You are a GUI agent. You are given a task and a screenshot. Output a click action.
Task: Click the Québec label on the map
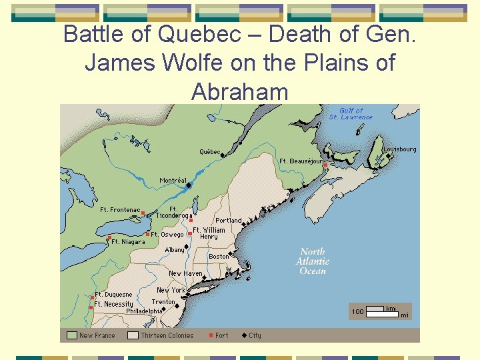tap(210, 152)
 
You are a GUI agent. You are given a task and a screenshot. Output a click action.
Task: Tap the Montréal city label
tap(173, 181)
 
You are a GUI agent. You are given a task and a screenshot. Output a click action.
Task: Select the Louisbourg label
tap(399, 149)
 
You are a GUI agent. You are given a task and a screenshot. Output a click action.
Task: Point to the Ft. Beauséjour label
tap(301, 161)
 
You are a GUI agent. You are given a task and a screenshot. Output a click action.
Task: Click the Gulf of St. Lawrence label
tap(351, 114)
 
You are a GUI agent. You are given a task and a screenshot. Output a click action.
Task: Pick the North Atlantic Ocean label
tap(313, 261)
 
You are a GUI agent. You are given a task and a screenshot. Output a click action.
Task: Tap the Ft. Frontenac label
tap(120, 210)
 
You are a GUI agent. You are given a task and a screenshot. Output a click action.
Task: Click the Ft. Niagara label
tap(127, 242)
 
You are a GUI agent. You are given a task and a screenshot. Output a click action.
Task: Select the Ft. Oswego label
tap(167, 235)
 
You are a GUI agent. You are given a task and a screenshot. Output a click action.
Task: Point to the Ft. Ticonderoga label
tap(174, 212)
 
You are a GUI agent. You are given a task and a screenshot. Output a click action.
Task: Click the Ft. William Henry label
tap(209, 233)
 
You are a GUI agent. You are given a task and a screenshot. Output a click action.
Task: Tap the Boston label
tap(219, 256)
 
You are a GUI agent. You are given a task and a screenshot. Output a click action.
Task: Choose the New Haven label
tap(185, 273)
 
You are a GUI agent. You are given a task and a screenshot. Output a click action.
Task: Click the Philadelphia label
tap(143, 311)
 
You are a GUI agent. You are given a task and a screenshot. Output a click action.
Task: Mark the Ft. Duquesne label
tap(113, 294)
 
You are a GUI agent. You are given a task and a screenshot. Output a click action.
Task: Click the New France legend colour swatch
tap(71, 335)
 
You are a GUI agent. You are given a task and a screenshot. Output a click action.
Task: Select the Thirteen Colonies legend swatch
tap(133, 335)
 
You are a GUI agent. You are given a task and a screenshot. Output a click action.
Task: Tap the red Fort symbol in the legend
tap(211, 335)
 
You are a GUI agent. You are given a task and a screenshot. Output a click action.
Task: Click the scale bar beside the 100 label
tap(376, 309)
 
